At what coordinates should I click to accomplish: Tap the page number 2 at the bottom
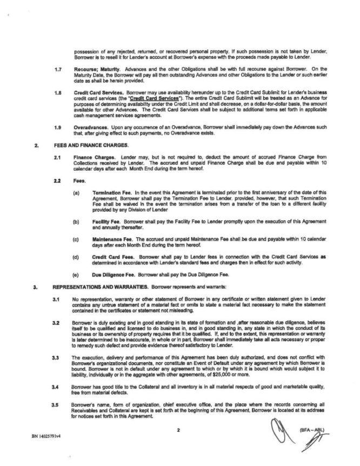[x=177, y=430]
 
